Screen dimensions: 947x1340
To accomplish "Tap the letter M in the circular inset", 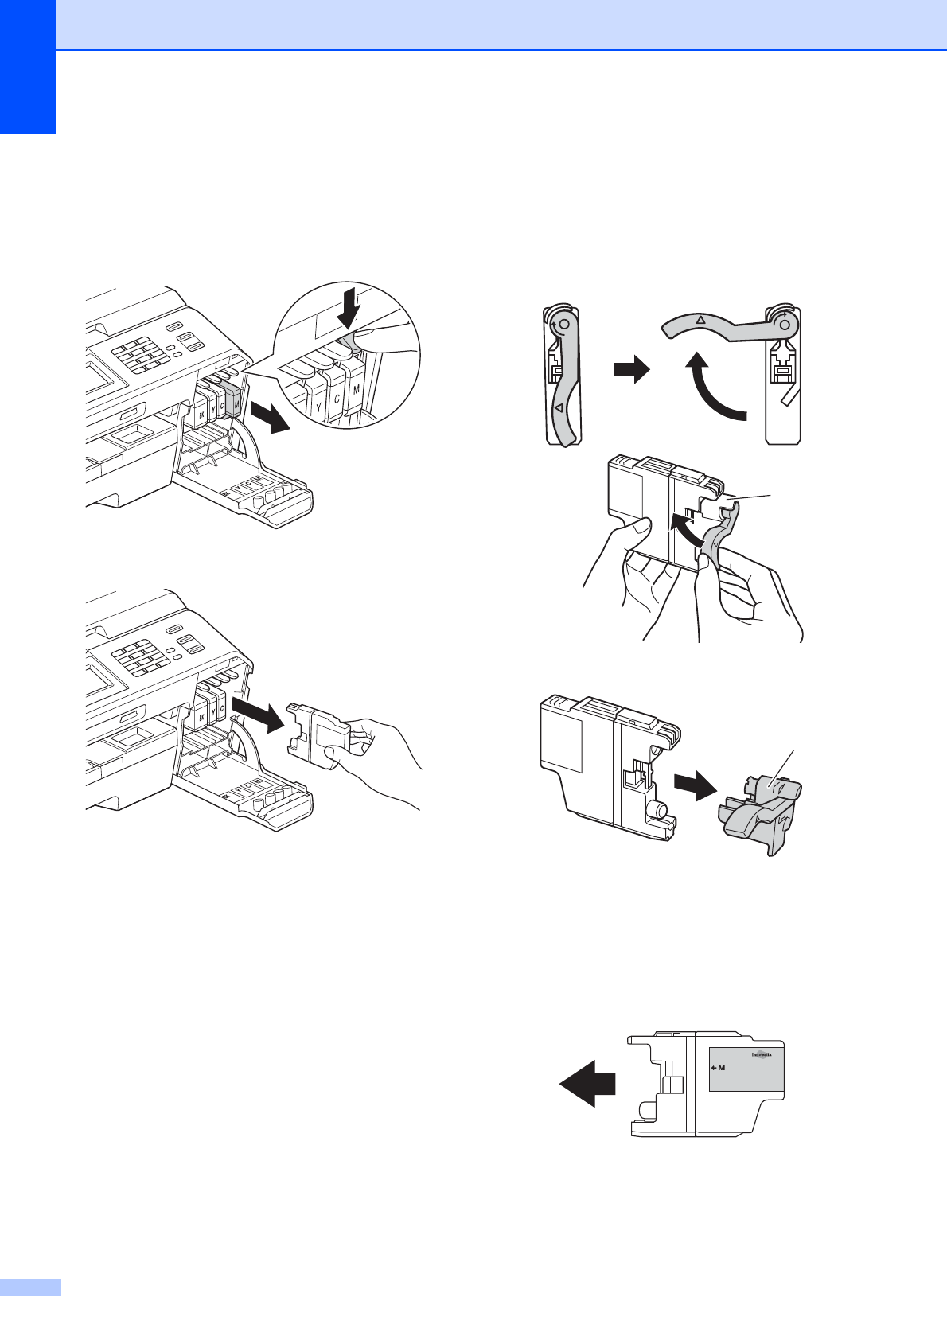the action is click(x=356, y=389).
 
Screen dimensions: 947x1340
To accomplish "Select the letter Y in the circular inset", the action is click(x=318, y=408).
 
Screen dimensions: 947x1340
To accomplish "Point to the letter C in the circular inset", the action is click(x=337, y=398).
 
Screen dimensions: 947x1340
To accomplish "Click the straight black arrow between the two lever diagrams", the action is click(x=632, y=370).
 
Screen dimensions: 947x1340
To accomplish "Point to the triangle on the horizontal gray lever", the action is click(x=701, y=320).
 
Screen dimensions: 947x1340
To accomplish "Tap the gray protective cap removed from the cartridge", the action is click(x=759, y=812).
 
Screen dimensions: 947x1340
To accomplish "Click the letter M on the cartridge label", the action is click(x=722, y=1068).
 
